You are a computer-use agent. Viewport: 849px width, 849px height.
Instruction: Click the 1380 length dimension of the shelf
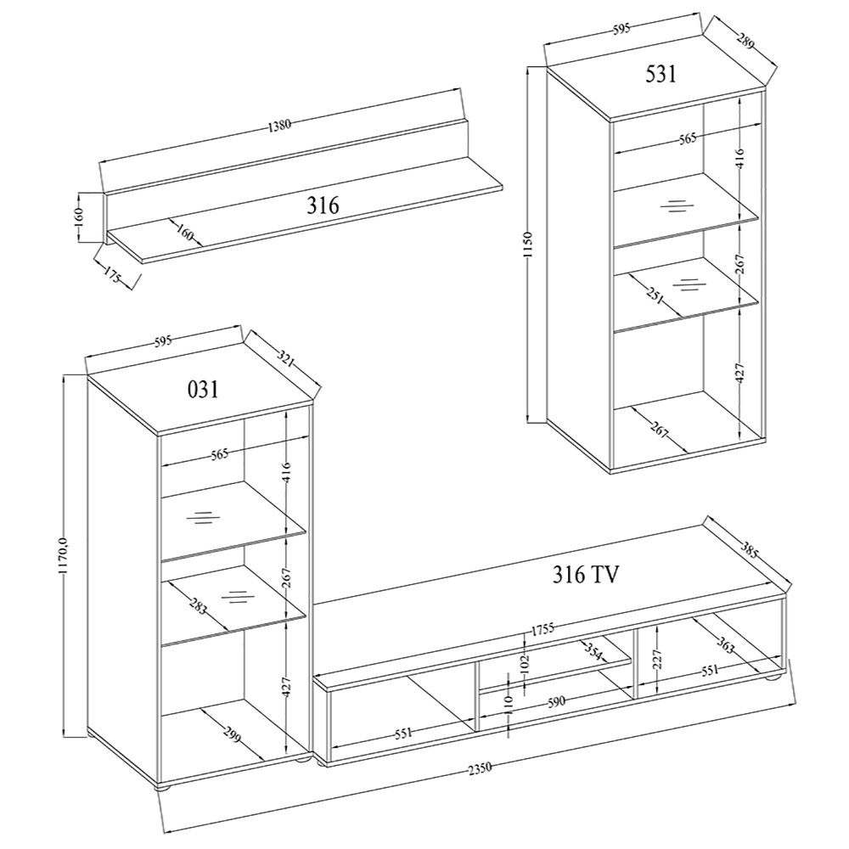[279, 126]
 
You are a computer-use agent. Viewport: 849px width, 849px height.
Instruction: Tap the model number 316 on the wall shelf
[323, 205]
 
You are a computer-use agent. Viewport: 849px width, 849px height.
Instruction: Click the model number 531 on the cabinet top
[661, 74]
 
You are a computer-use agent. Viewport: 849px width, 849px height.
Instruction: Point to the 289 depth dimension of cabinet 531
[745, 41]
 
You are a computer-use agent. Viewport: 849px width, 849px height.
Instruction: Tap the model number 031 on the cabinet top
[203, 390]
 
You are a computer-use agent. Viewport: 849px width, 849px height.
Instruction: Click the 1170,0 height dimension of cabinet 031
[64, 553]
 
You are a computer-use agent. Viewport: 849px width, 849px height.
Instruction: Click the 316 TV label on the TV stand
[585, 575]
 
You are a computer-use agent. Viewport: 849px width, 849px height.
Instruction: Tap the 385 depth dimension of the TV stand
[753, 551]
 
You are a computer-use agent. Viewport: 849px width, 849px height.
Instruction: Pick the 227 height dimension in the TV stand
[657, 660]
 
